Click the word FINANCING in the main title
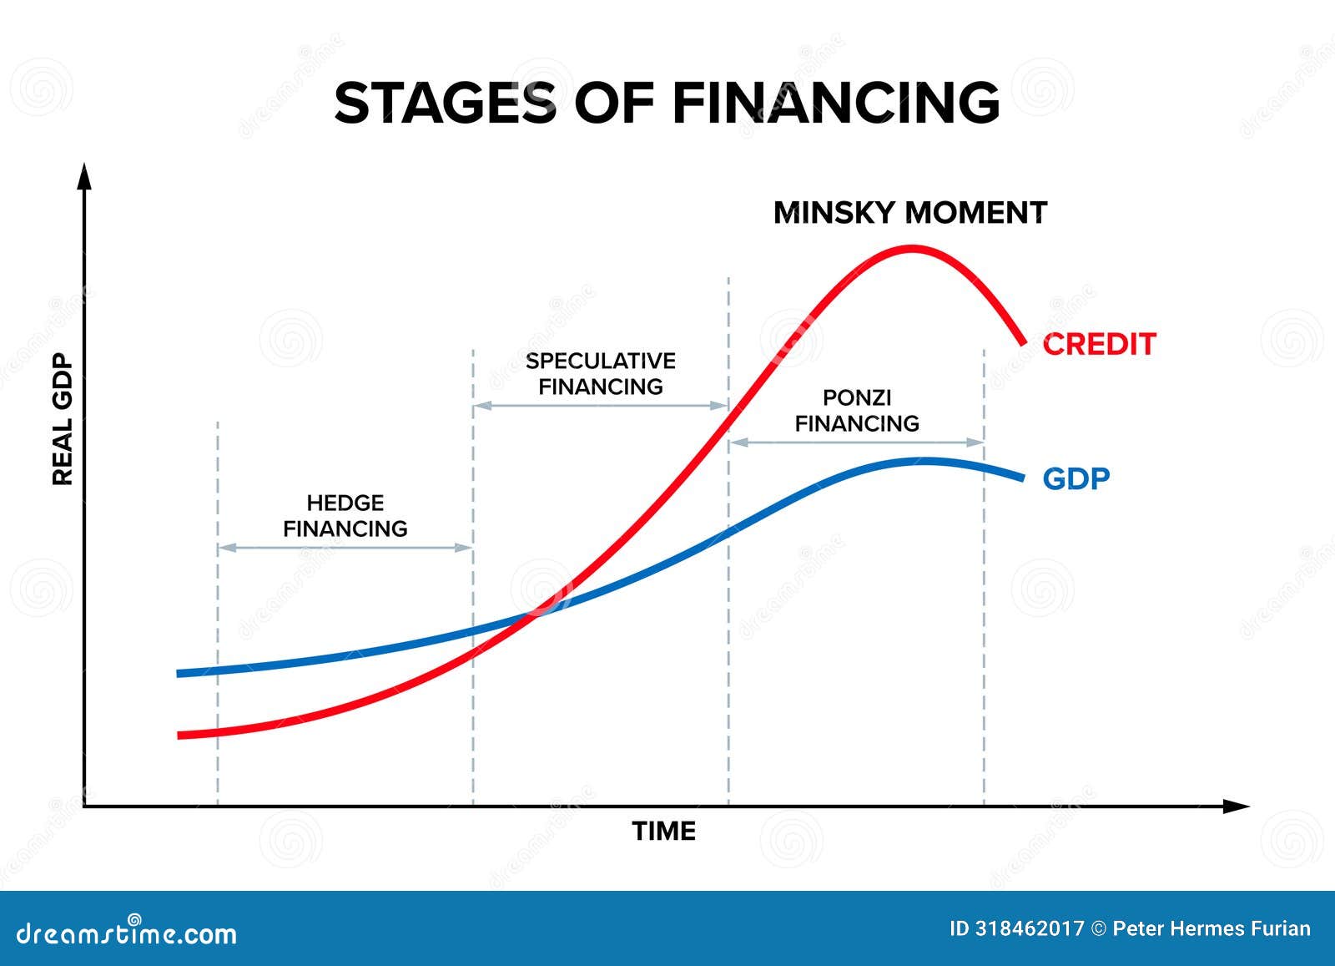[835, 103]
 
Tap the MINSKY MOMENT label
[909, 213]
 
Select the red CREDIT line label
[1099, 344]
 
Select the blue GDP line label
[1076, 479]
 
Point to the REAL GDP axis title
[63, 419]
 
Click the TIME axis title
[663, 831]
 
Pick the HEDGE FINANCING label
[345, 516]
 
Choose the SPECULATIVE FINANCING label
[601, 374]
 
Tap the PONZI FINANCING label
[857, 411]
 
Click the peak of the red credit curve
[911, 248]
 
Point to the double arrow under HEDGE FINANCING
[345, 548]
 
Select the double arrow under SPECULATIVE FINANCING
[601, 406]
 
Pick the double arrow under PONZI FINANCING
[857, 443]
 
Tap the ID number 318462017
[1028, 928]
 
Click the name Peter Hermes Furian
[1212, 928]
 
